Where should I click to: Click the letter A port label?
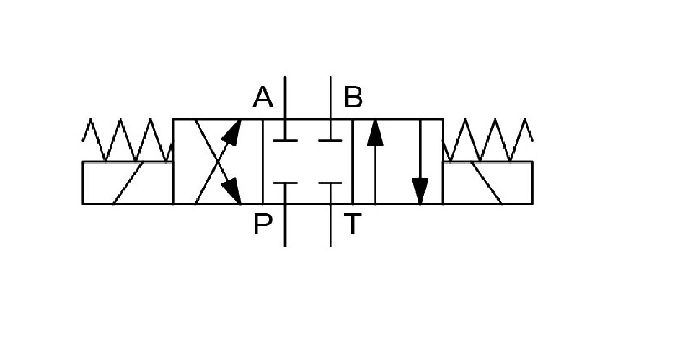tap(262, 97)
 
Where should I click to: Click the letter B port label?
tap(353, 97)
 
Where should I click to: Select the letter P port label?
tap(263, 224)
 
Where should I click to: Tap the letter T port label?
tap(352, 224)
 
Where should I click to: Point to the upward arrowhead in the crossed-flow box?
tap(231, 133)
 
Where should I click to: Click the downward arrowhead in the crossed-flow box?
tap(231, 190)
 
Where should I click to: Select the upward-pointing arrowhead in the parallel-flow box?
tap(375, 133)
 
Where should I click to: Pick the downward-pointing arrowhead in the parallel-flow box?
tap(420, 191)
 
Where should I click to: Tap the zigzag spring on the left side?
tap(128, 140)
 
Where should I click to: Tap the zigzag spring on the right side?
tap(488, 140)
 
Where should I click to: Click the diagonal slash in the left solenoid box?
tap(128, 183)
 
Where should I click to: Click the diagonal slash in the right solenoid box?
tap(487, 183)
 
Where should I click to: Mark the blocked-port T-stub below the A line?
tap(285, 141)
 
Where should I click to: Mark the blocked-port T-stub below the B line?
tap(330, 141)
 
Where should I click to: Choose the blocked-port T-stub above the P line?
tap(285, 183)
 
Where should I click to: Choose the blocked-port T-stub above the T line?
tap(330, 183)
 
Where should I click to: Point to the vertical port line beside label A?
tap(285, 97)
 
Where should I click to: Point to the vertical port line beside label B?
tap(330, 97)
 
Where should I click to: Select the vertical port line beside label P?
tap(285, 225)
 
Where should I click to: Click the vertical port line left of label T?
tap(330, 225)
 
